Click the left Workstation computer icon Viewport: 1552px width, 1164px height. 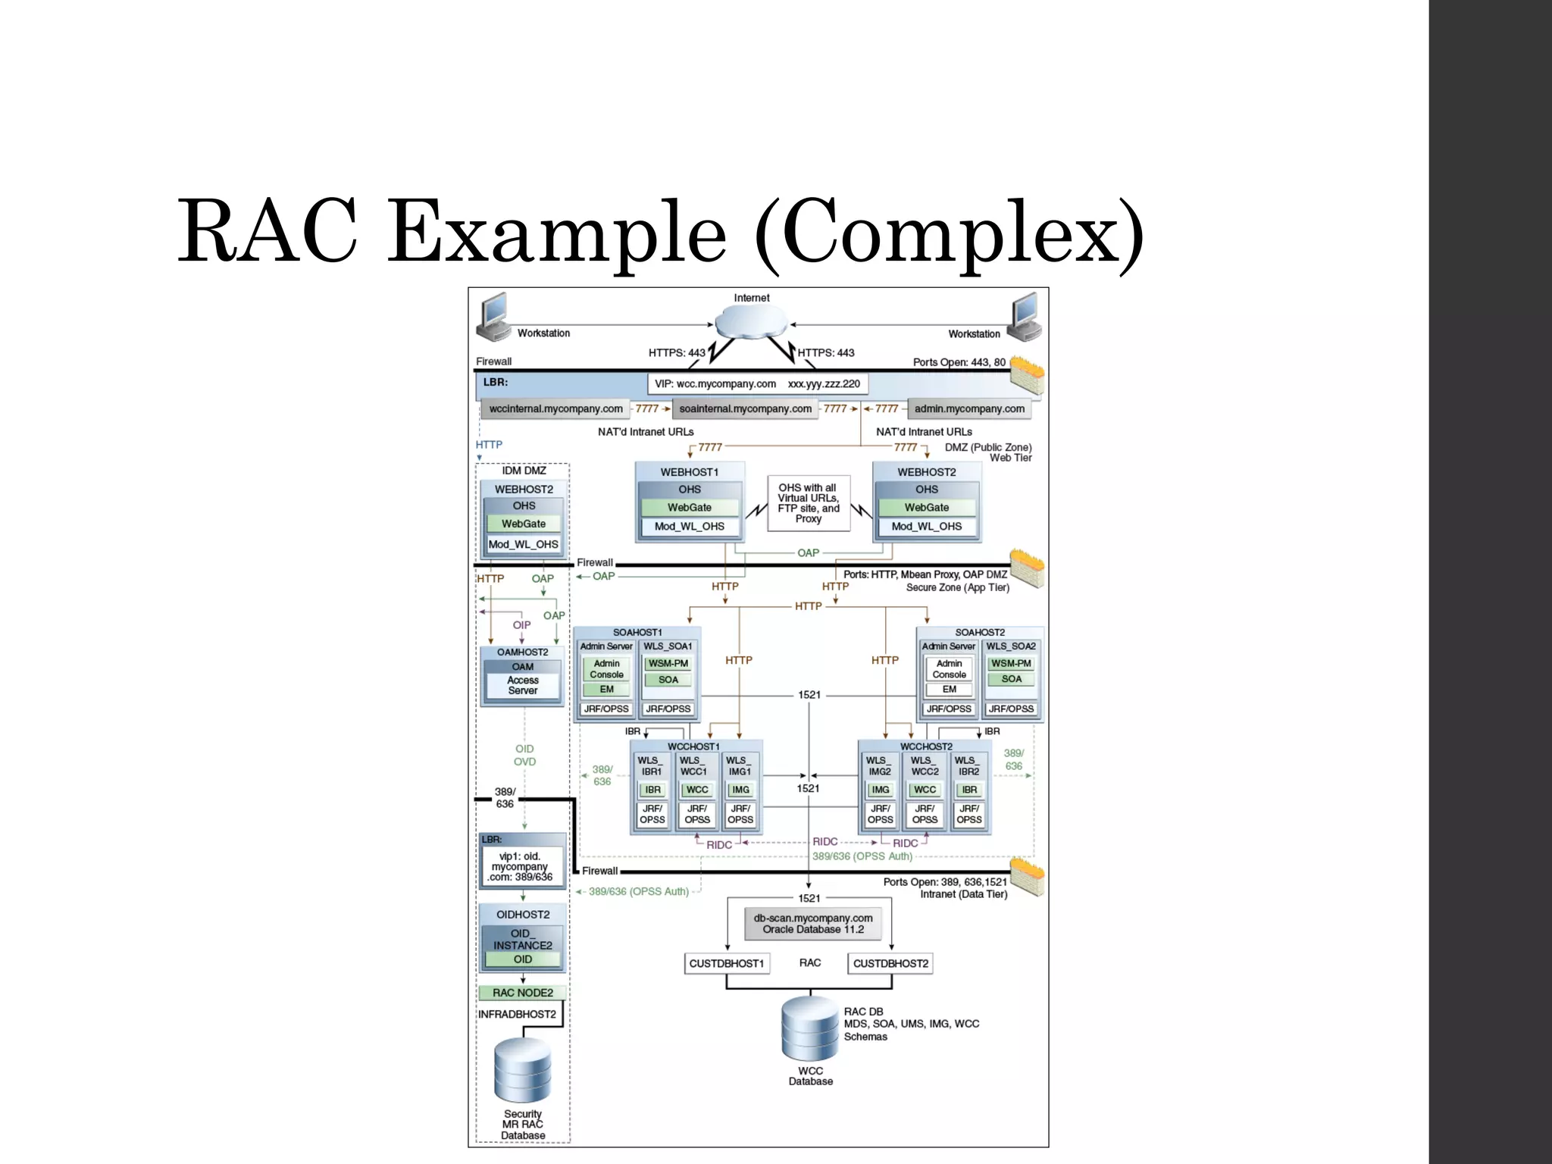[x=494, y=318]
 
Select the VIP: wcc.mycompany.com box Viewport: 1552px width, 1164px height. [x=757, y=383]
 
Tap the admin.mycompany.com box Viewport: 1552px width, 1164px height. [x=968, y=408]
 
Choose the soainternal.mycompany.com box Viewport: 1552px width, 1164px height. [x=745, y=408]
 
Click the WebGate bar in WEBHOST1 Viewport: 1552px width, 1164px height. [x=689, y=508]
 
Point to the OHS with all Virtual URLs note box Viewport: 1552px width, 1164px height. [x=808, y=503]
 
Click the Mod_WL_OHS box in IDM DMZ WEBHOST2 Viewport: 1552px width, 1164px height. [x=523, y=544]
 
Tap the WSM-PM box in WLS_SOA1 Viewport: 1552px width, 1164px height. [x=668, y=663]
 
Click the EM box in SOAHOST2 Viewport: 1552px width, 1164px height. [x=949, y=689]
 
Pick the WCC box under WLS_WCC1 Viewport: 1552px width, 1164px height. [x=696, y=790]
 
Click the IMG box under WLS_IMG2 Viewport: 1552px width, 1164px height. [x=880, y=790]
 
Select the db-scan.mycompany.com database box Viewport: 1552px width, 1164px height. [x=812, y=923]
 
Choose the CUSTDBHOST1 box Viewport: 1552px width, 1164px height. [x=726, y=963]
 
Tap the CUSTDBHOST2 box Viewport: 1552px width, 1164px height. [x=890, y=963]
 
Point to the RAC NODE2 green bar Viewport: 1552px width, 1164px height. [x=523, y=993]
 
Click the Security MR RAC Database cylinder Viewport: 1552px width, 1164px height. [x=523, y=1070]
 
